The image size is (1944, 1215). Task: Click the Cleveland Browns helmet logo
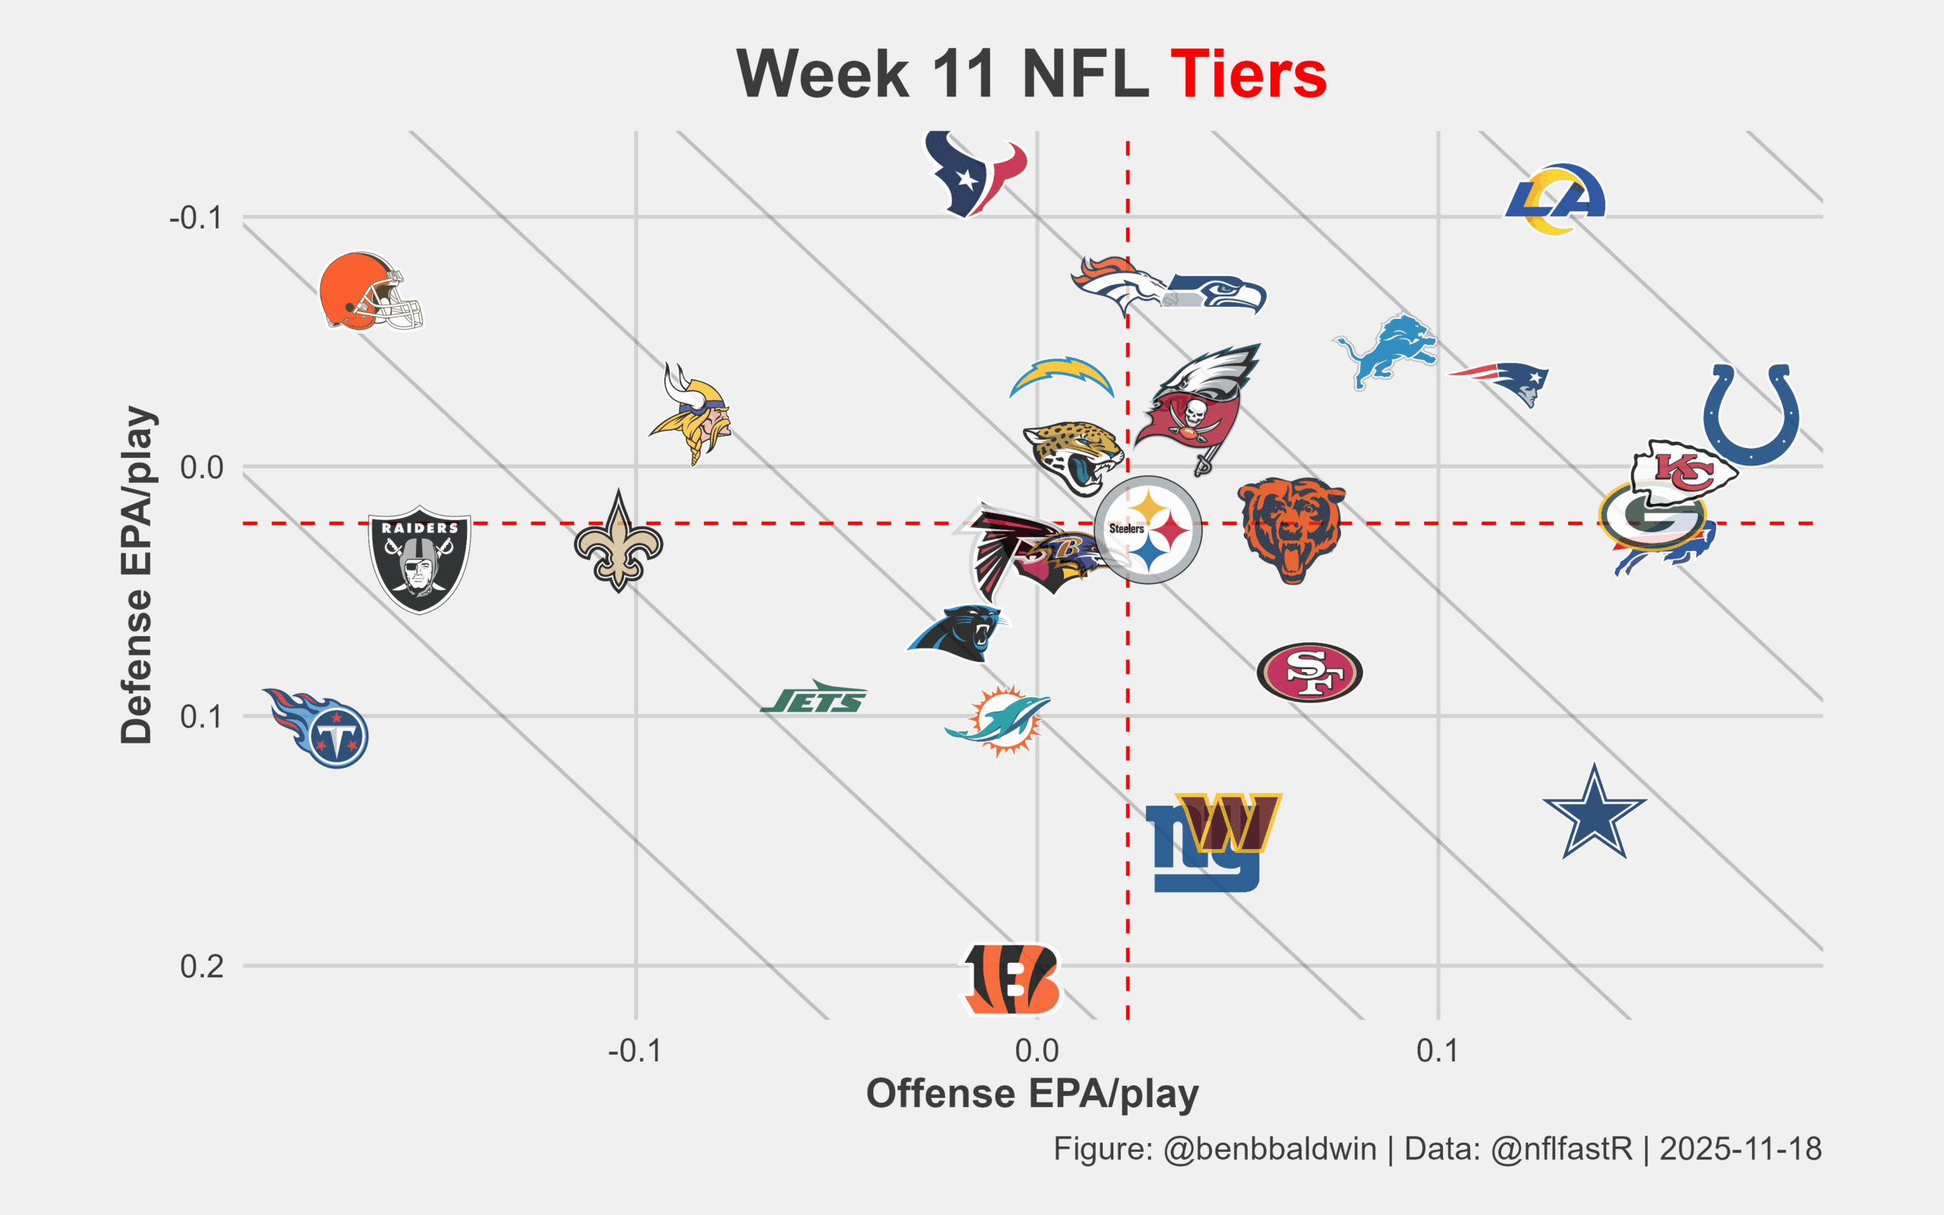(371, 291)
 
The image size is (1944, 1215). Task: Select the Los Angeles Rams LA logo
(1555, 199)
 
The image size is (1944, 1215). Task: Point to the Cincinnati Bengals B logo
(1011, 979)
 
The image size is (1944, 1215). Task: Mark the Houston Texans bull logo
(974, 174)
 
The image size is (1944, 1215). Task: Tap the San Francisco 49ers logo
(1309, 672)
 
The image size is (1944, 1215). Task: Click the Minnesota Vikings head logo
(692, 414)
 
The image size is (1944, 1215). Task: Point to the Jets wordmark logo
(814, 698)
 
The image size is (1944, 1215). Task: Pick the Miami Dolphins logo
(999, 720)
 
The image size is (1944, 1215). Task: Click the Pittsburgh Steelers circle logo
(1149, 529)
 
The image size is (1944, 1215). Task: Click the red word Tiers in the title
(1248, 74)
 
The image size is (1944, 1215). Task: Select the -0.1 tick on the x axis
(635, 1050)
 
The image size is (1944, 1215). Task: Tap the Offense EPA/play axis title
(1032, 1093)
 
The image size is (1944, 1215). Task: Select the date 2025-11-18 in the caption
(1740, 1149)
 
